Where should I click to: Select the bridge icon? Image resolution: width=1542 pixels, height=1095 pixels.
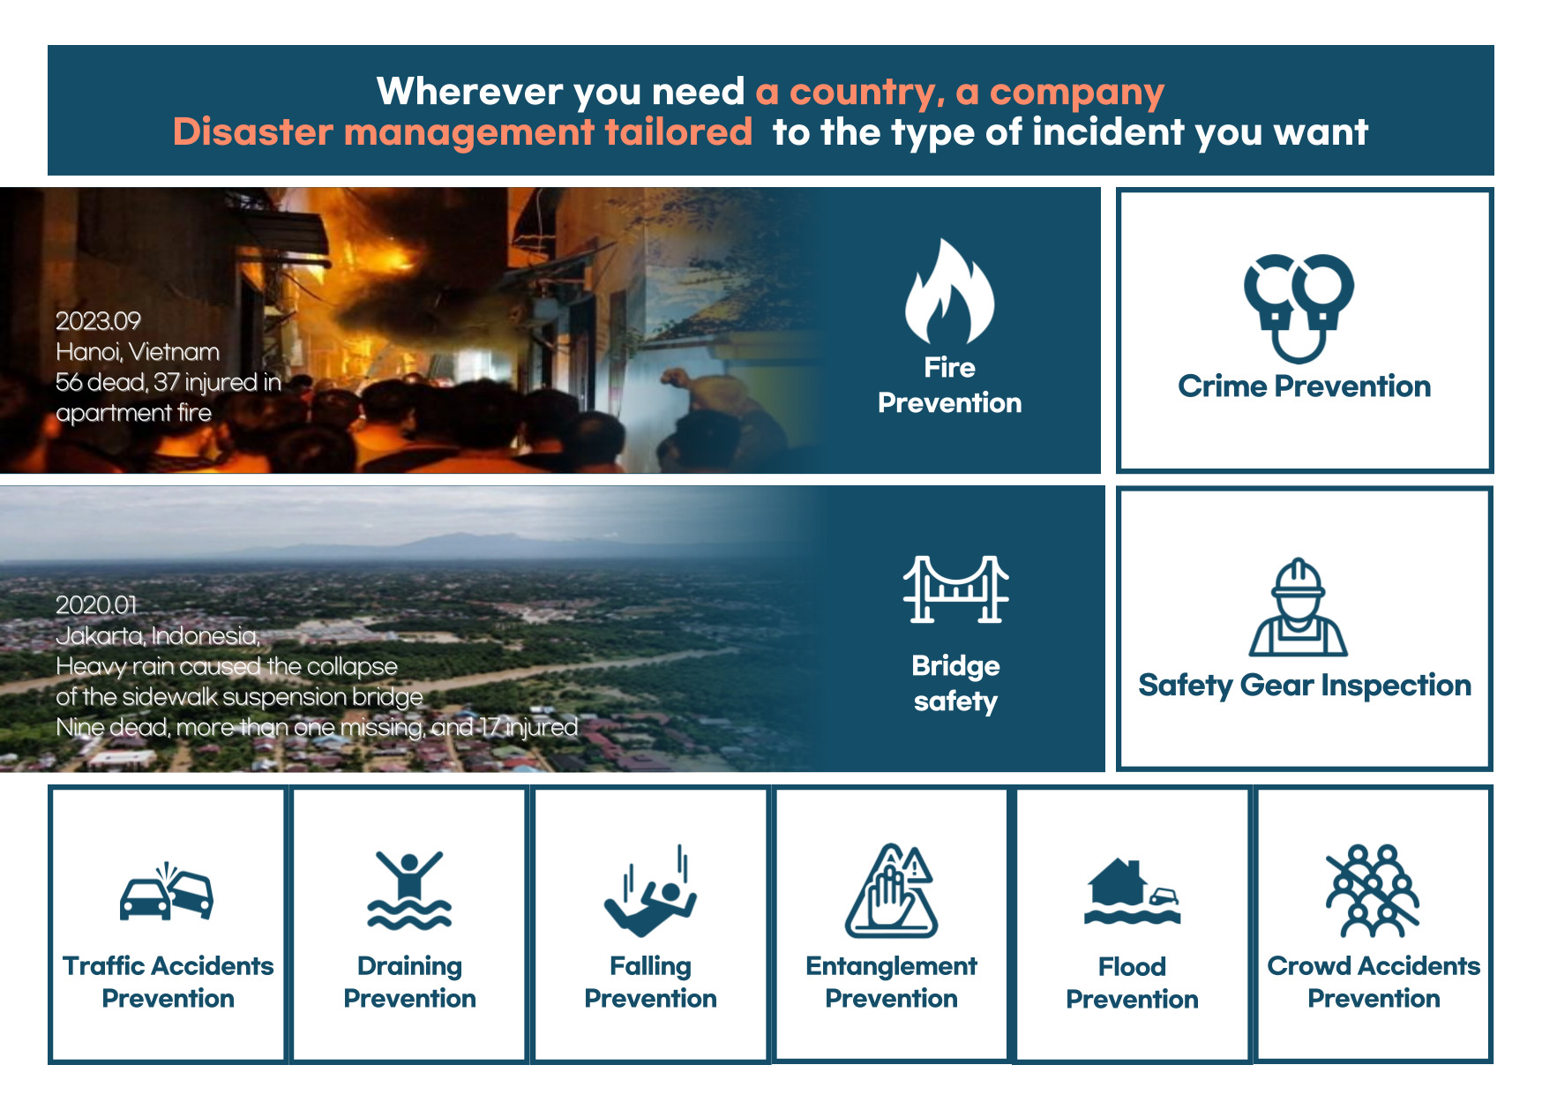(x=955, y=589)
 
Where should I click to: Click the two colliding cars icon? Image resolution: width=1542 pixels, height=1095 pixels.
(x=167, y=893)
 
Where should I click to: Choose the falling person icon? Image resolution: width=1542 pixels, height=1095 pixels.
(x=650, y=891)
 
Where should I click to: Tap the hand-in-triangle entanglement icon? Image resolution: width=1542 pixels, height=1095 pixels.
(x=891, y=890)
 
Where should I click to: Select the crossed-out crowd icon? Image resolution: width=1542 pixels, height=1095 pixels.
(x=1373, y=890)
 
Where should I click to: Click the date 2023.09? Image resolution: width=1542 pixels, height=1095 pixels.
(x=98, y=320)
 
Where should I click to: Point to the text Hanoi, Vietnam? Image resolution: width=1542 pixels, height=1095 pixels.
(x=138, y=352)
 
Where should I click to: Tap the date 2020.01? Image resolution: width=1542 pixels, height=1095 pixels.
(x=96, y=604)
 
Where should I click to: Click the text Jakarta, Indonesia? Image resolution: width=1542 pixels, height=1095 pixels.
(x=158, y=635)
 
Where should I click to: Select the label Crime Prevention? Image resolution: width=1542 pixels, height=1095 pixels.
(x=1304, y=386)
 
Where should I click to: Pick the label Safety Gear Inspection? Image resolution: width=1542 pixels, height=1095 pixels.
(x=1305, y=686)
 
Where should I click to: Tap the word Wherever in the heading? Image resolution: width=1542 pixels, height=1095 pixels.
(x=469, y=91)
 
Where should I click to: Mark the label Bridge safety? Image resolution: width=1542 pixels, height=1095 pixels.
(x=955, y=683)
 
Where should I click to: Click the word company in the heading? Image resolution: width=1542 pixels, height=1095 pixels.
(x=1077, y=93)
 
